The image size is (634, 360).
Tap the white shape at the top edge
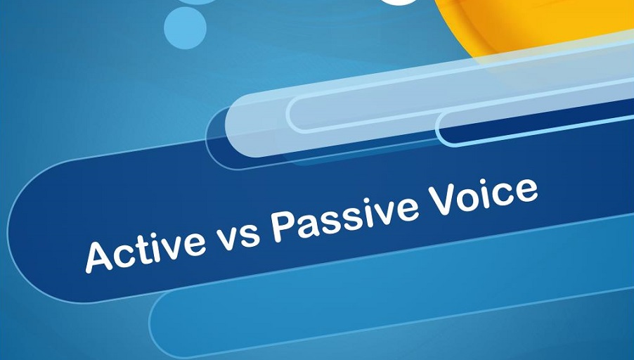pyautogui.click(x=401, y=2)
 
